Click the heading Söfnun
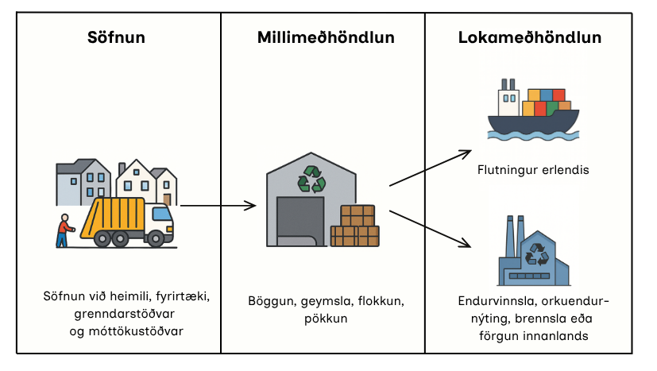116,37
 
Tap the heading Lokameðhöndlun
529,37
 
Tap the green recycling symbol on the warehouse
311,180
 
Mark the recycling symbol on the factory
539,253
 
